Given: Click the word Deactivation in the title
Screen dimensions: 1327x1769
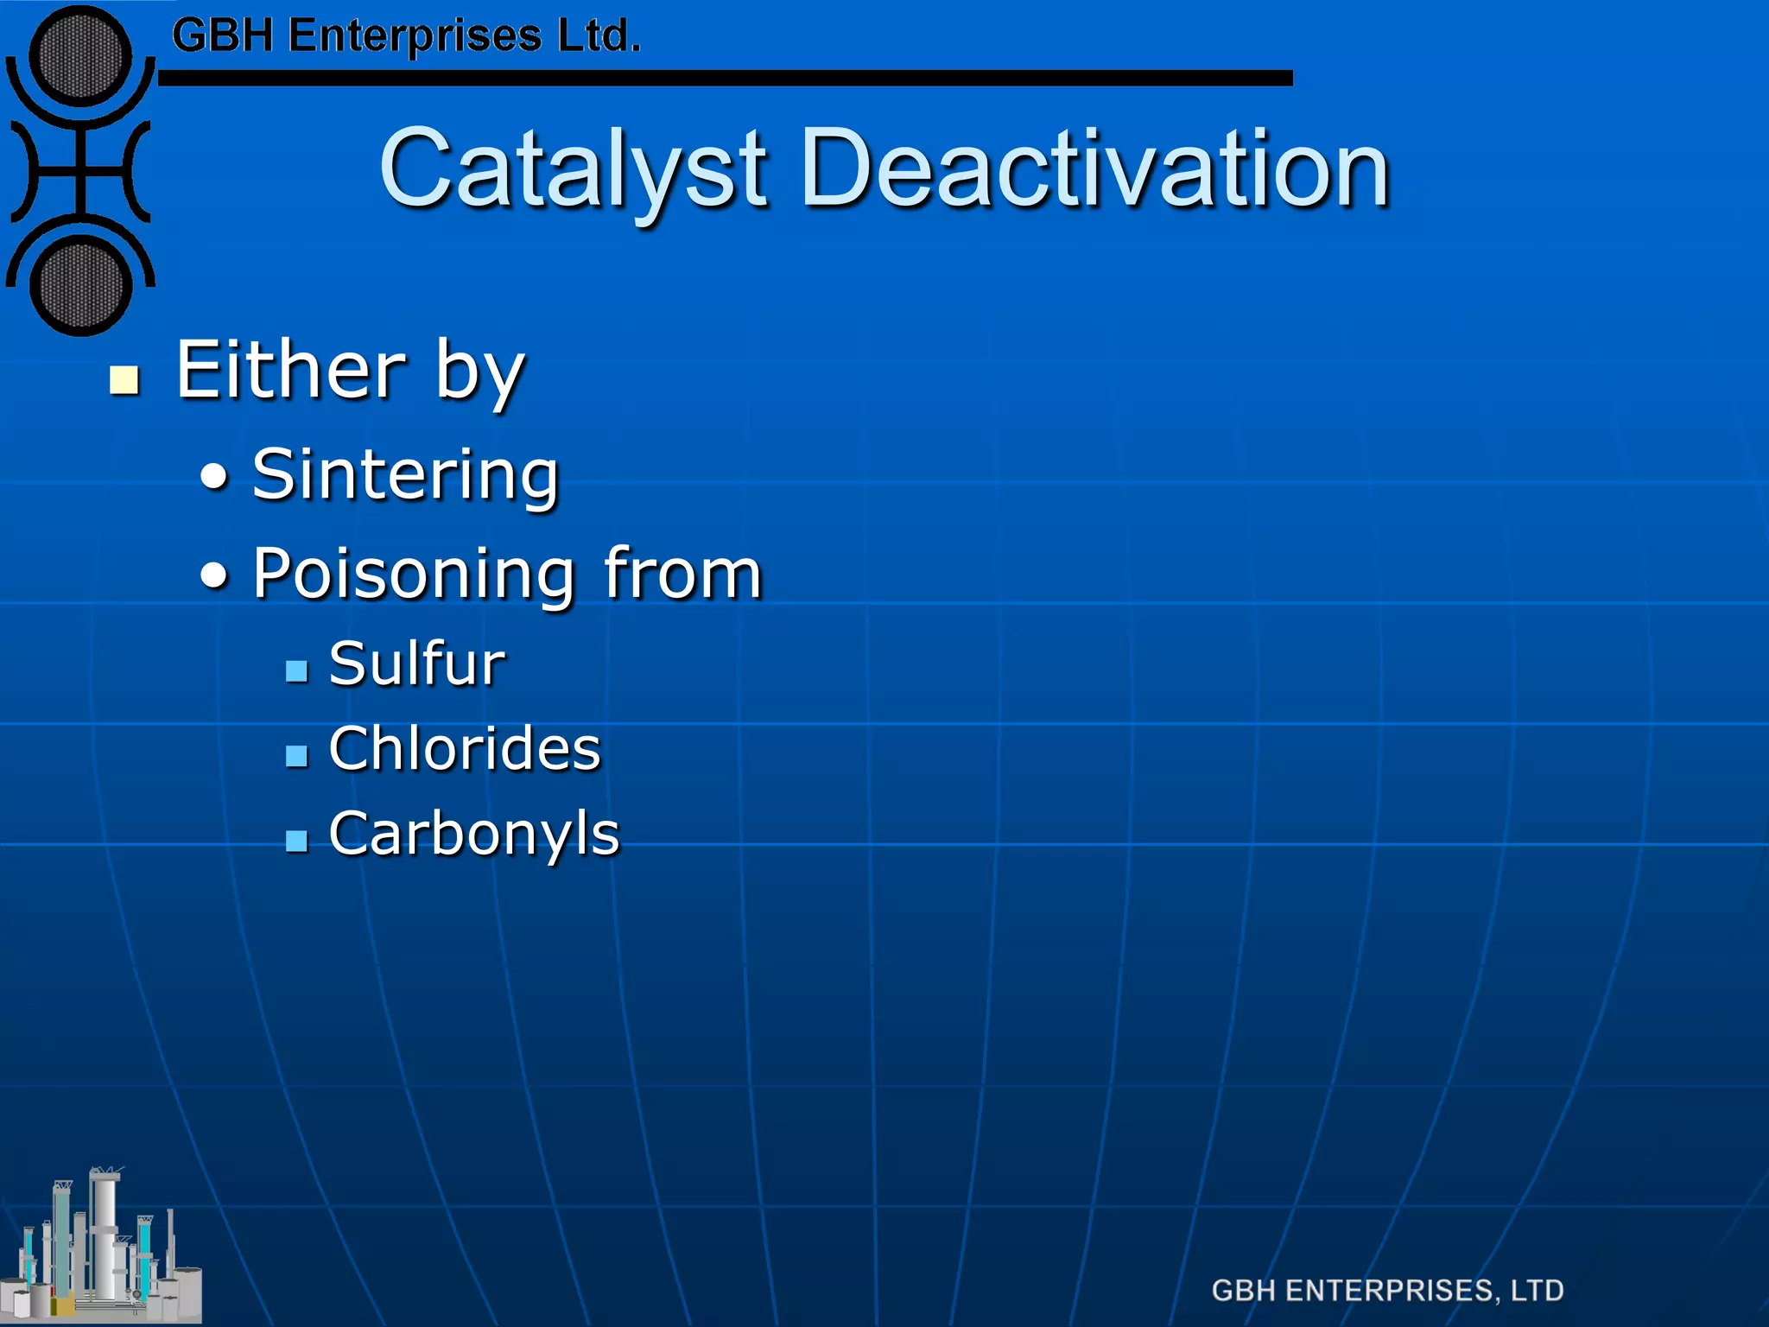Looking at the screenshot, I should coord(1094,169).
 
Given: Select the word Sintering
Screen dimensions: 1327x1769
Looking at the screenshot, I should coord(405,475).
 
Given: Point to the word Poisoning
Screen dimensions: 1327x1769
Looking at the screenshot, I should coord(414,575).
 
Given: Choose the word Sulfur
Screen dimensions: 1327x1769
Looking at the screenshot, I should coord(416,663).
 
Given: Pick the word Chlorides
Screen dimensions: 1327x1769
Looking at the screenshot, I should coord(464,748).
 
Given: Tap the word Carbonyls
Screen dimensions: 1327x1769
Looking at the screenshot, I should coord(474,835).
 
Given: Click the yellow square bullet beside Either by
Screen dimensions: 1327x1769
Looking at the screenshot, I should coord(125,380).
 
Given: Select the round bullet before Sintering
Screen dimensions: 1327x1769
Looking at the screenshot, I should coord(215,477).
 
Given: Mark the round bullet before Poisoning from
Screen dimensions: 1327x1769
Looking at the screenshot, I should coord(215,575).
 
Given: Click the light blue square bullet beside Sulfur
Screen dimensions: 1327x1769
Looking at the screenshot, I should coord(296,671).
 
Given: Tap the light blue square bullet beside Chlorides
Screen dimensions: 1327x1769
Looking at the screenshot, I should coord(296,756).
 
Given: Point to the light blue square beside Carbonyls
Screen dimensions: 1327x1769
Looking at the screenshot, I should coord(296,841).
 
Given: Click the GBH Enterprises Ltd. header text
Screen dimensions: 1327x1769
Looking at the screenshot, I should coord(406,36).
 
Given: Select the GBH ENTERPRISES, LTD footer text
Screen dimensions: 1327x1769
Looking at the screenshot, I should coord(1387,1291).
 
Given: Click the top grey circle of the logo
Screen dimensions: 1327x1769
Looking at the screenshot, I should coord(80,55).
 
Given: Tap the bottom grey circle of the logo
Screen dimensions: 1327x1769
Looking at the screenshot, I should coord(80,285).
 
